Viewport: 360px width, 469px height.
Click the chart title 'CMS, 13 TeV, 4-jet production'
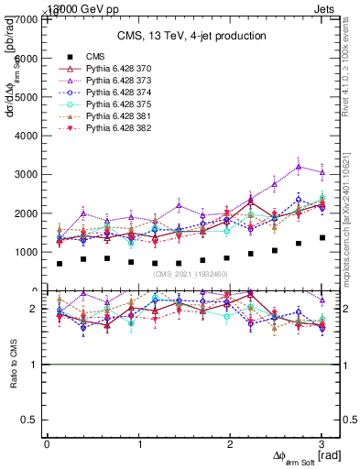(191, 36)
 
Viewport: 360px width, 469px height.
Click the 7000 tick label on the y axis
(27, 19)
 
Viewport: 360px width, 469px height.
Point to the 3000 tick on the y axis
(27, 174)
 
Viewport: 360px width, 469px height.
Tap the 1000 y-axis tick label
(27, 252)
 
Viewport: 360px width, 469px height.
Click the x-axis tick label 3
(322, 444)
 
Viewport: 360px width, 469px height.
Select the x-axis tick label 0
(47, 444)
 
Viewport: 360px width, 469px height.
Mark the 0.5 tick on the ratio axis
(31, 420)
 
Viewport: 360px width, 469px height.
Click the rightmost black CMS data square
(322, 237)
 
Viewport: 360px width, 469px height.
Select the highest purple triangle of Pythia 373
(299, 167)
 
